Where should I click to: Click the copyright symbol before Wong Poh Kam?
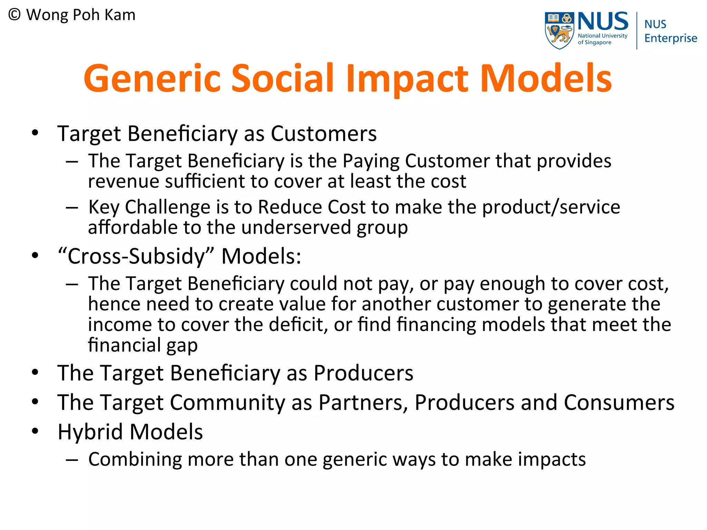[x=14, y=15]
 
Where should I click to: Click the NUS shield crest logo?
[x=559, y=30]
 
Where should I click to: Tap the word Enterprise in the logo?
[x=670, y=38]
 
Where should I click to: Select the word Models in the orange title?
[x=546, y=78]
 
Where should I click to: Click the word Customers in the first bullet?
[x=323, y=134]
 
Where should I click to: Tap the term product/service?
[x=551, y=207]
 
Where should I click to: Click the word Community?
[x=227, y=402]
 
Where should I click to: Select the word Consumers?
[x=619, y=402]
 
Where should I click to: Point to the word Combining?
[x=135, y=460]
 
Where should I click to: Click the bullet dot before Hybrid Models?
[x=35, y=431]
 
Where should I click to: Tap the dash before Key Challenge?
[x=72, y=208]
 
